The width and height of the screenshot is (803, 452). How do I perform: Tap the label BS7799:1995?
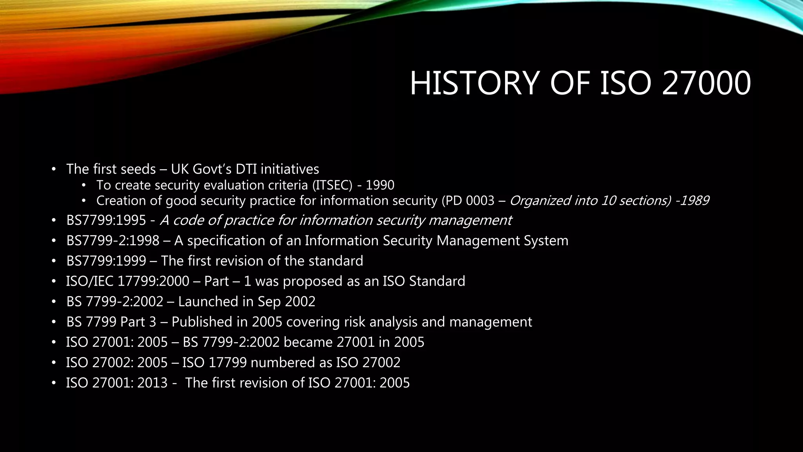106,221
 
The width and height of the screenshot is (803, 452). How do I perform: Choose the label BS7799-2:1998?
113,241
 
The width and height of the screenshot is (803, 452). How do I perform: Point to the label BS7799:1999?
106,261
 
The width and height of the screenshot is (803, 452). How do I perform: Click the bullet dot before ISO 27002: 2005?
54,363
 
